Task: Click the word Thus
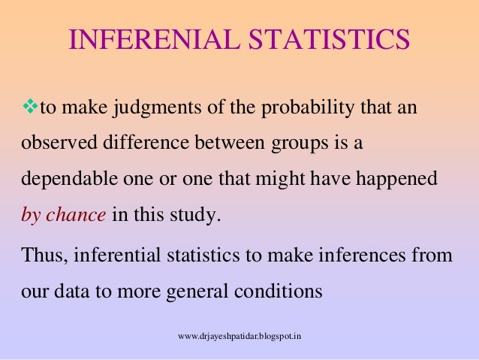click(x=41, y=255)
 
